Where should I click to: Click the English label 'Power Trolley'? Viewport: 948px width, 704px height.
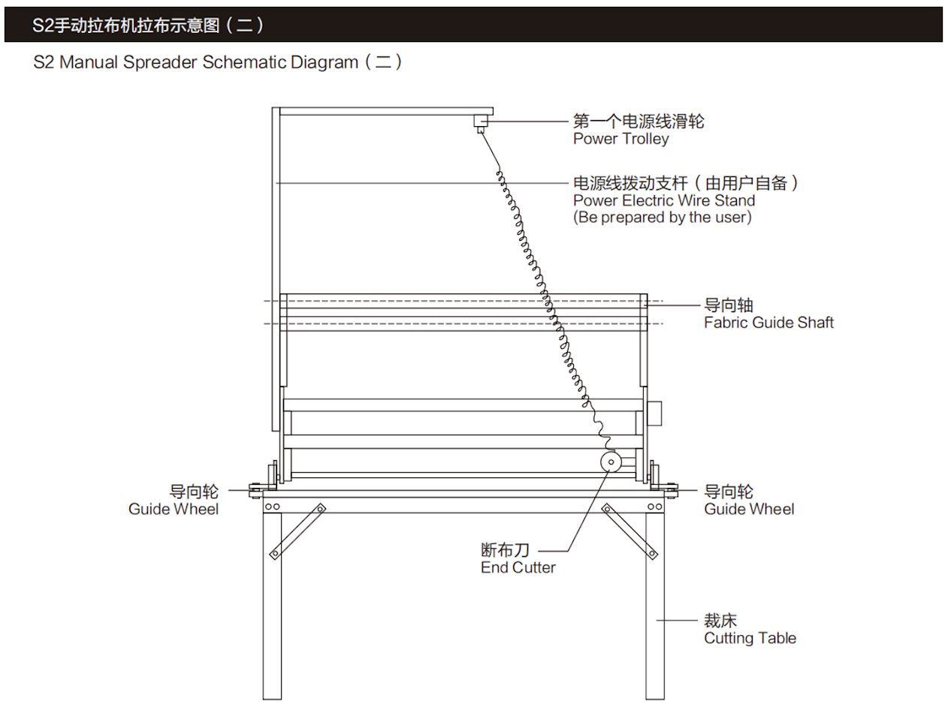point(620,139)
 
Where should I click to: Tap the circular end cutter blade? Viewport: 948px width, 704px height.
point(611,462)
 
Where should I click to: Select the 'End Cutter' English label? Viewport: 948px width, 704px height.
point(518,567)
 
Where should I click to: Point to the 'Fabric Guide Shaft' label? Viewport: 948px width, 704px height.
point(768,323)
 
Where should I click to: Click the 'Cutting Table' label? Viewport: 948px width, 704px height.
point(750,638)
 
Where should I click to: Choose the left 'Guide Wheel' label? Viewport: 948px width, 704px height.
point(173,509)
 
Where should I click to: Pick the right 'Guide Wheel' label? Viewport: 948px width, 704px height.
point(749,509)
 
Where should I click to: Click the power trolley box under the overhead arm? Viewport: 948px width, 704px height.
point(481,121)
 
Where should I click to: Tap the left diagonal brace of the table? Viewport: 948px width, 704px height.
point(297,531)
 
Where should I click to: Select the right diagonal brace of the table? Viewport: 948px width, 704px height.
point(629,531)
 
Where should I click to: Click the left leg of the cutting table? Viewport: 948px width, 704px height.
point(272,606)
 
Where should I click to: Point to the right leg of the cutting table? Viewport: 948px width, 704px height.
point(655,606)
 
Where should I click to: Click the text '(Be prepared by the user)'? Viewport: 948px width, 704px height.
point(662,217)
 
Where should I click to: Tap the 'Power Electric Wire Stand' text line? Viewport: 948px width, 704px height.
point(664,200)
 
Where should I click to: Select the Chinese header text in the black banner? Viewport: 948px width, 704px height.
point(148,26)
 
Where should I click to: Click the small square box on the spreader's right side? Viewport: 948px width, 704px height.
point(654,414)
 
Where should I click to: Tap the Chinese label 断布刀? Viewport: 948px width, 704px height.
point(506,550)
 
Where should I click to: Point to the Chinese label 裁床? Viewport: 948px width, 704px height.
point(720,620)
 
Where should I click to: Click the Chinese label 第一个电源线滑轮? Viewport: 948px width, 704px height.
point(639,122)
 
